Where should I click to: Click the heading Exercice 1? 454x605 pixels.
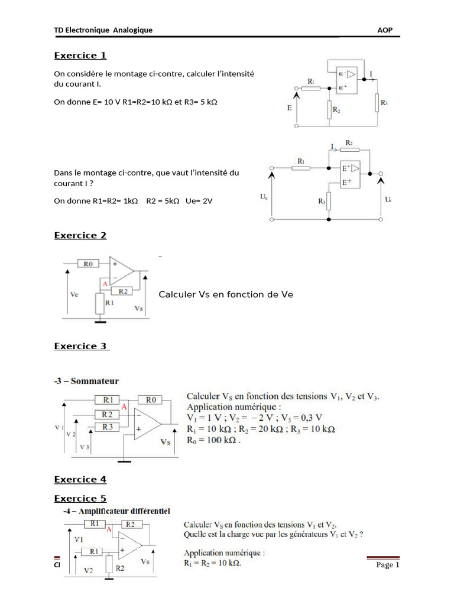coord(80,56)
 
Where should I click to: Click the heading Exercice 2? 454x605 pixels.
coord(80,236)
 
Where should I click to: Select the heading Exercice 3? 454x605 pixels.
coord(81,346)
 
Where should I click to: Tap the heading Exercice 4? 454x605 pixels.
coord(80,479)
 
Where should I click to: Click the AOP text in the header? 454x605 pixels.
coord(384,30)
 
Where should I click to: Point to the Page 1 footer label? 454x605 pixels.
coord(388,565)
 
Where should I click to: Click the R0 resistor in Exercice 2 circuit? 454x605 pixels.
coord(89,264)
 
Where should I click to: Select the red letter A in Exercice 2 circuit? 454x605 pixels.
coord(104,284)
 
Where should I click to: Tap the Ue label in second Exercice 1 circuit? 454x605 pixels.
coord(264,197)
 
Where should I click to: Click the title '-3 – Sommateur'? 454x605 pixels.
coord(86,381)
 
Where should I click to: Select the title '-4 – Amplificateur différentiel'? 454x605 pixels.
coord(112,510)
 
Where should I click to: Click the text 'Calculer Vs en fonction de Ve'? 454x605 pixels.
coord(226,294)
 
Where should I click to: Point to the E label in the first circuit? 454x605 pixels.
coord(289,108)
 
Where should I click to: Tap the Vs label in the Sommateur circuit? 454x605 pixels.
coord(165,441)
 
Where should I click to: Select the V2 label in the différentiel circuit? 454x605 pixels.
coord(88,571)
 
